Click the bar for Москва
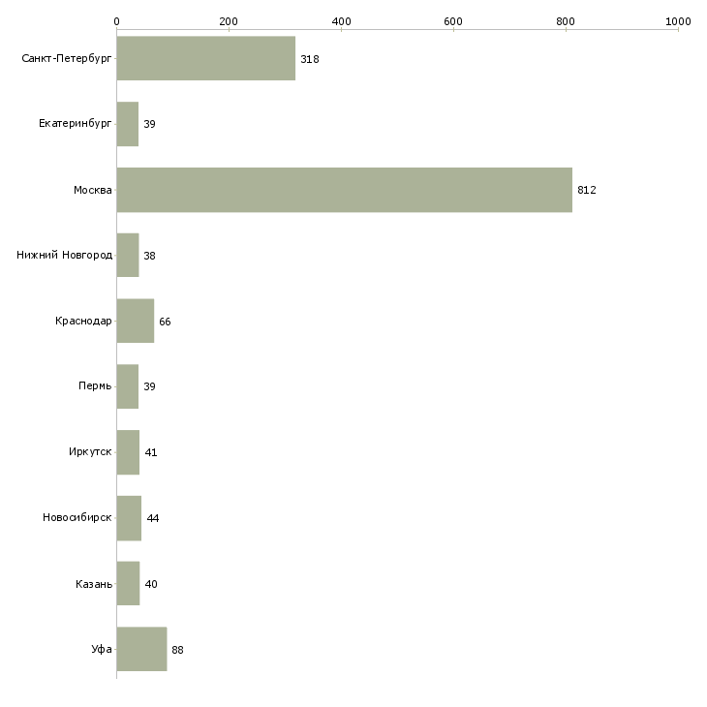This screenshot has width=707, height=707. [x=344, y=190]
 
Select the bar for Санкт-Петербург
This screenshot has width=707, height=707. [x=205, y=59]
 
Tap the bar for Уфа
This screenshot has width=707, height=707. [x=141, y=650]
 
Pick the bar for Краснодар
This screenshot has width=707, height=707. [x=135, y=322]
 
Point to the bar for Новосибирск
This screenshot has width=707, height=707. [x=129, y=518]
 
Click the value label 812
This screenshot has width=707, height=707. [x=587, y=190]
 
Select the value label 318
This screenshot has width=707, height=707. [x=310, y=59]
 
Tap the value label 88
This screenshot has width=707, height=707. [x=177, y=650]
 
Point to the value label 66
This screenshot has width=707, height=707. [x=165, y=322]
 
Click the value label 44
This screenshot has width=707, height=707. [x=153, y=518]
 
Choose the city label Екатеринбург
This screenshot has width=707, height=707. [x=76, y=125]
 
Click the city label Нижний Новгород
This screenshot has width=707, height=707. [x=64, y=256]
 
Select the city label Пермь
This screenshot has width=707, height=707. [x=95, y=387]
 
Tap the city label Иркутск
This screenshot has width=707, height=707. [x=90, y=452]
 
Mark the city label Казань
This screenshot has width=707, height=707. [x=94, y=584]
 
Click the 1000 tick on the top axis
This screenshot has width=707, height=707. [x=678, y=20]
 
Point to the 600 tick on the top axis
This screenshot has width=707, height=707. [x=453, y=20]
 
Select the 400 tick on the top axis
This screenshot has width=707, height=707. [x=341, y=20]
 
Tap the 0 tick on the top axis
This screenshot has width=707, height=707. [x=116, y=20]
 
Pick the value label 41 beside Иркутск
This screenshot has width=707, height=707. [x=151, y=452]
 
